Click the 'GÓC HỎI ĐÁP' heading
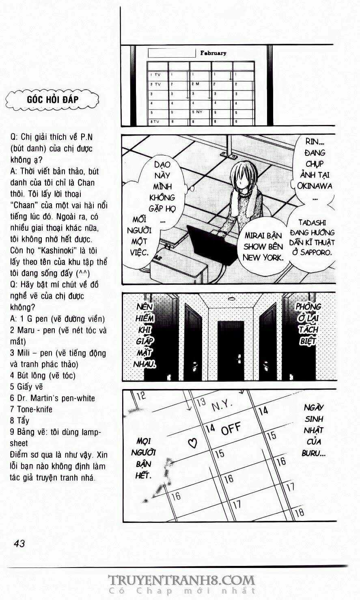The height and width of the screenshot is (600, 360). coord(53,99)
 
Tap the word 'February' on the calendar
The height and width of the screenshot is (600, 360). coord(213,53)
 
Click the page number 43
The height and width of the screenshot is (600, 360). coord(19,543)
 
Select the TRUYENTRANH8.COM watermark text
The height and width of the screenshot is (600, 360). coord(181,580)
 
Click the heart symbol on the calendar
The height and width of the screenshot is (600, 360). coord(193,443)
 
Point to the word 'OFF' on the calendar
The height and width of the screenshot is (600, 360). coord(231,428)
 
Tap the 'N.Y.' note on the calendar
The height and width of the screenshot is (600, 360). coord(222,405)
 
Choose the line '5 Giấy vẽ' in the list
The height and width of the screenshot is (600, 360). coord(26,387)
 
